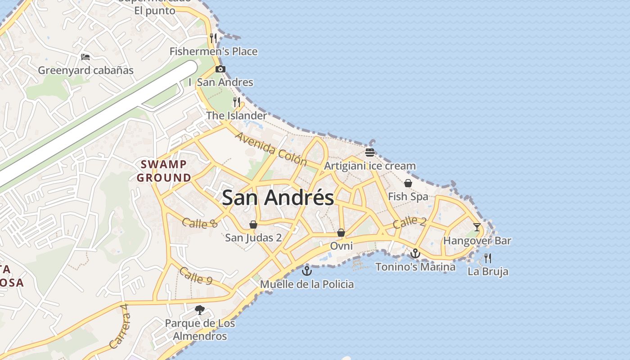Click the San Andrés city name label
coord(278,198)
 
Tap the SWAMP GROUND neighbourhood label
coord(164,171)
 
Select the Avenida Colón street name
coord(271,148)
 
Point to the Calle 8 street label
coord(200,222)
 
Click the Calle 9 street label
coord(196,275)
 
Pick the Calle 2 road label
coord(409,222)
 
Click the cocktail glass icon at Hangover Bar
coord(477,227)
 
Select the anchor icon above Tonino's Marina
coord(415,253)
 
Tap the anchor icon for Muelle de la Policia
coord(306,270)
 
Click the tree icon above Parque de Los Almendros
coord(200,310)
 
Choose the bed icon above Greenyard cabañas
coord(85,57)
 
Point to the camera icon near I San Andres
coord(220,69)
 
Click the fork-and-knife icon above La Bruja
coord(488,258)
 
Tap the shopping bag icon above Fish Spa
coord(408,183)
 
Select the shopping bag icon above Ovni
coord(341,233)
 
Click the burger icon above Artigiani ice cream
coord(370,152)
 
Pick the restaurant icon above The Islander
coord(237,102)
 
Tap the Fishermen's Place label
coord(213,51)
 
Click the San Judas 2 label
coord(253,237)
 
